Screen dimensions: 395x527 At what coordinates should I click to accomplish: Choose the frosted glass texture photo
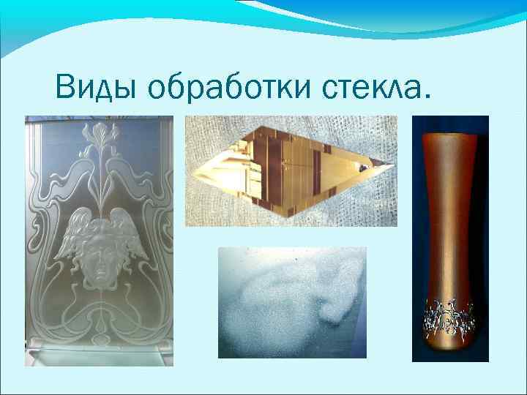point(292,302)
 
